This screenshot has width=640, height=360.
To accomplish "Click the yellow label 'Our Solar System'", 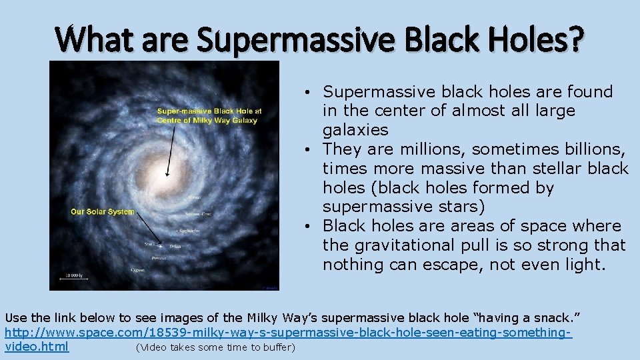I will [102, 212].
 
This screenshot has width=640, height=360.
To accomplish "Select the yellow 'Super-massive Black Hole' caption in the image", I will [209, 115].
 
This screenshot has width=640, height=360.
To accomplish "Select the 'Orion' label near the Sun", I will [175, 247].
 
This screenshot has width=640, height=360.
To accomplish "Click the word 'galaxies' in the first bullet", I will [355, 129].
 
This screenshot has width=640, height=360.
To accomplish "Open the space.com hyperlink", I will [288, 331].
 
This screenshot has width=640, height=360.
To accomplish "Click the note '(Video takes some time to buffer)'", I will [215, 347].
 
